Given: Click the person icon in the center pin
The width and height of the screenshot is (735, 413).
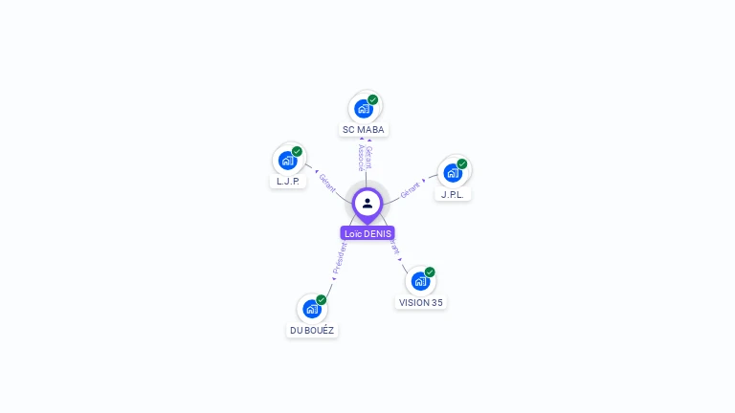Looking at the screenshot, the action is click(367, 203).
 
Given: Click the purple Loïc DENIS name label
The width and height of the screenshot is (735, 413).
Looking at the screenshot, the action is click(367, 233).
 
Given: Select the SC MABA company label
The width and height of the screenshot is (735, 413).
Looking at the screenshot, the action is click(364, 129).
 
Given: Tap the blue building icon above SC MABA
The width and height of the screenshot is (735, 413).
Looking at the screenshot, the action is click(363, 109).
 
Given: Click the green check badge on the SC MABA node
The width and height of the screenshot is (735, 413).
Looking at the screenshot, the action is click(373, 99).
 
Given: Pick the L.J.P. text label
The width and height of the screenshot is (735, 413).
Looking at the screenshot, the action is click(288, 181).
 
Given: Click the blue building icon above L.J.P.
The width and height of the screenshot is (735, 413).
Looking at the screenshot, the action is click(287, 161).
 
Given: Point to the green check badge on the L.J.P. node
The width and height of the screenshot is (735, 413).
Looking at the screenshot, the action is click(298, 151).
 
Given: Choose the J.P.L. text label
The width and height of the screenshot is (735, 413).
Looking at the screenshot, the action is click(453, 194).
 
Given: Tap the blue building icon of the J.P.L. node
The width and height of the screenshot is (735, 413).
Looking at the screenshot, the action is click(452, 173).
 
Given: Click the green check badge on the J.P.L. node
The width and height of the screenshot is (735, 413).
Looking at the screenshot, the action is click(462, 163).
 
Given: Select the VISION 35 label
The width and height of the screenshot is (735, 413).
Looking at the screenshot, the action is click(421, 302).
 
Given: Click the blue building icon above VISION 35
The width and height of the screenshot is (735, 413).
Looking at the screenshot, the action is click(419, 281).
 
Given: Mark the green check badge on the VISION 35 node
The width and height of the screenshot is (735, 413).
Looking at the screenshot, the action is click(430, 272).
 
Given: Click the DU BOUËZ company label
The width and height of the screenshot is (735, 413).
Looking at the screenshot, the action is click(312, 330).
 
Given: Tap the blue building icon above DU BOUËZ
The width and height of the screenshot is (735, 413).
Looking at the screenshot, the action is click(311, 309).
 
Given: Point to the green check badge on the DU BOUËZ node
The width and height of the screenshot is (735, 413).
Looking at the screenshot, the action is click(322, 299).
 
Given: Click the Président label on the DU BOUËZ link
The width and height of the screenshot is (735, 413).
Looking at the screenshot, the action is click(339, 258).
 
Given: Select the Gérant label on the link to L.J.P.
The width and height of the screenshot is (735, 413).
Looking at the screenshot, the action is click(326, 183).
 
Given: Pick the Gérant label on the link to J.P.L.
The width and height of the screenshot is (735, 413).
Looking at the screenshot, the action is click(411, 189).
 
